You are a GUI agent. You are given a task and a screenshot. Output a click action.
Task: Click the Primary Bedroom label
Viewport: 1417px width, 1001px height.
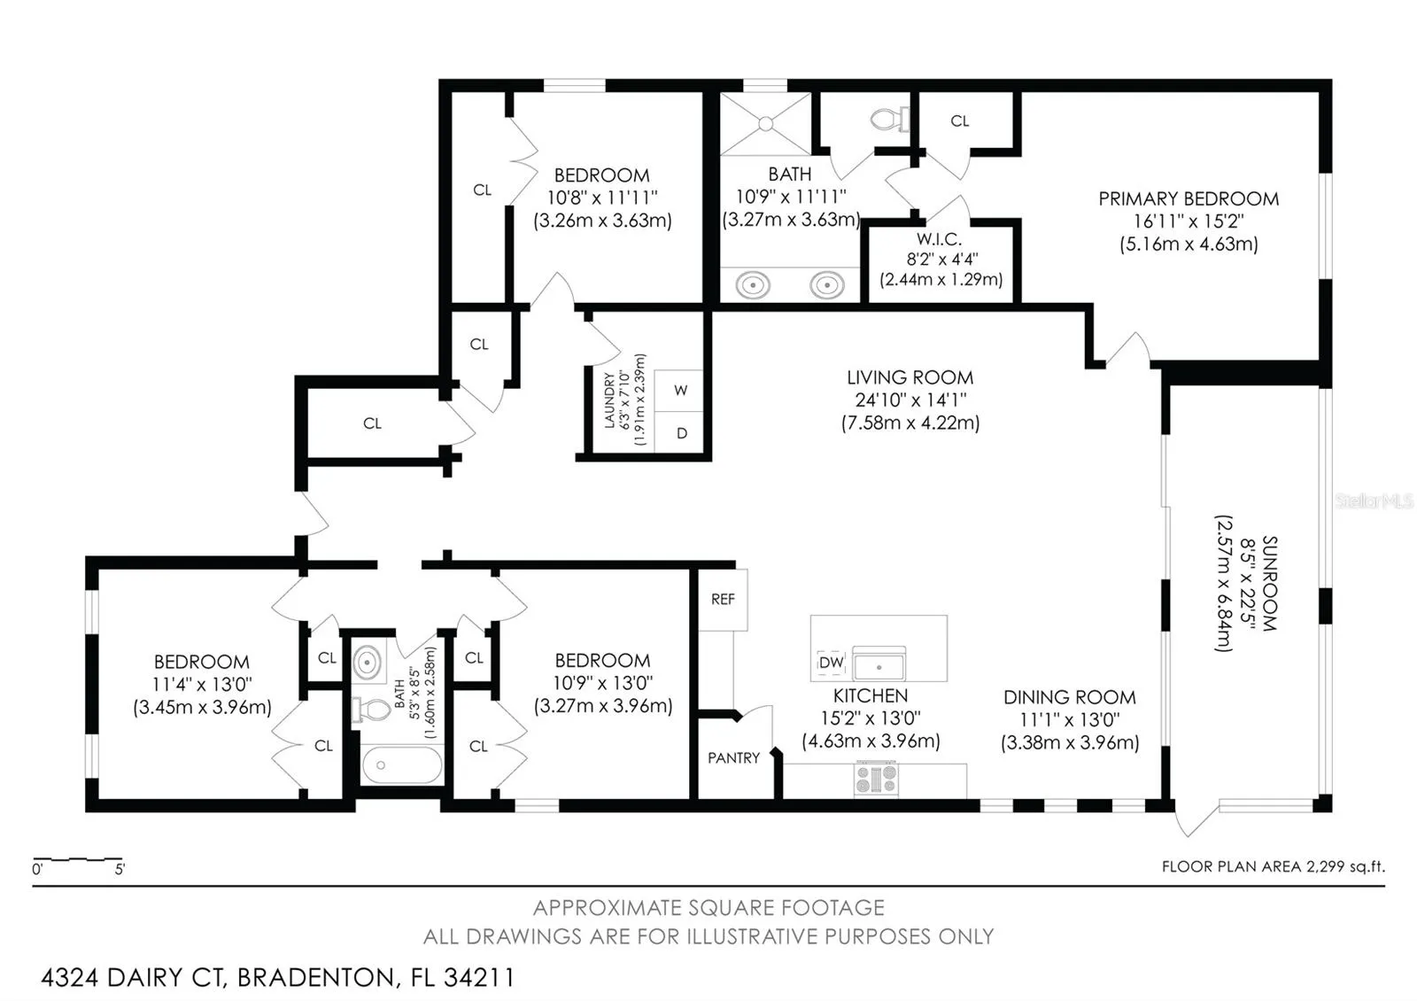click(1189, 198)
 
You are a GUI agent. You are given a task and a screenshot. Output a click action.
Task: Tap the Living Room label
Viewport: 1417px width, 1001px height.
click(910, 377)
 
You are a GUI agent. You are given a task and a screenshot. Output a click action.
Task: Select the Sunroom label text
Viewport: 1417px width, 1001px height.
click(1269, 584)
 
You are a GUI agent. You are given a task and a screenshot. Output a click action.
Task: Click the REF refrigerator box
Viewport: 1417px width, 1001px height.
click(723, 599)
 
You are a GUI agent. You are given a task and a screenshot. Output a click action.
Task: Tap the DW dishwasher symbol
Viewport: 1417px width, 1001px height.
click(831, 663)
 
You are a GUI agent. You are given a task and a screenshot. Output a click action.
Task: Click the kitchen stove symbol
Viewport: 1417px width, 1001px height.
click(876, 779)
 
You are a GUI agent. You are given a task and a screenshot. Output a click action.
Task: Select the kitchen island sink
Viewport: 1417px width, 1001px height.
click(879, 664)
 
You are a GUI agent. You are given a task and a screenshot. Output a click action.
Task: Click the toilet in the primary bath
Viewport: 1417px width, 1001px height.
click(889, 119)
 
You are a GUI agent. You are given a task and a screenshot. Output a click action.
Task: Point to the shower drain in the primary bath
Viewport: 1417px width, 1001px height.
click(765, 123)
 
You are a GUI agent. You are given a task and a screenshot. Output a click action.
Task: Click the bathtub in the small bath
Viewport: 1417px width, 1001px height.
click(402, 765)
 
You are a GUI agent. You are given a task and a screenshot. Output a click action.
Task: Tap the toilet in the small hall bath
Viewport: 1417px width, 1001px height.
click(372, 710)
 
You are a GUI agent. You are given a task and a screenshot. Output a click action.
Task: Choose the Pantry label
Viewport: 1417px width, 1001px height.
click(734, 758)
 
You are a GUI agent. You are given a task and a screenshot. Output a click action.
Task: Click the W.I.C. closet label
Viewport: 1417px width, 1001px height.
click(940, 239)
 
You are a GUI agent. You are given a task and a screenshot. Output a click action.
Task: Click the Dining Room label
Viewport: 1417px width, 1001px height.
click(1070, 697)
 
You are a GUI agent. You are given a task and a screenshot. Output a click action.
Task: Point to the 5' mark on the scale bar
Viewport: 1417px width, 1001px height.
click(120, 869)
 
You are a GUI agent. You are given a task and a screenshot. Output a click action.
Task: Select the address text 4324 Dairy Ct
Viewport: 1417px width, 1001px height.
click(132, 978)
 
